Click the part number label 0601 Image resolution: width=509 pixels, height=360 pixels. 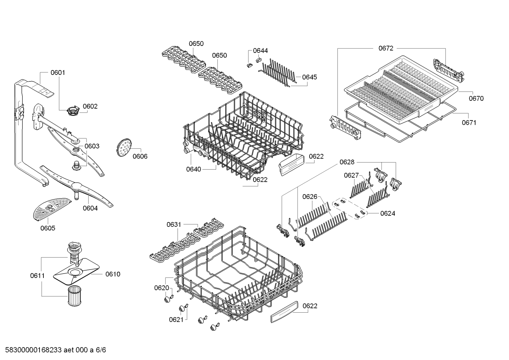[58, 73]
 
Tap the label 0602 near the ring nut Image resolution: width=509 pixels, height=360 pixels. [90, 106]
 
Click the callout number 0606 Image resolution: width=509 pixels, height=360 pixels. [140, 156]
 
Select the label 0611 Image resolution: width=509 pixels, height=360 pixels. [37, 276]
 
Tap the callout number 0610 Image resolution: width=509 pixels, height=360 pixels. [113, 274]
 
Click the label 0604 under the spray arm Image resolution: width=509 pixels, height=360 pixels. [90, 208]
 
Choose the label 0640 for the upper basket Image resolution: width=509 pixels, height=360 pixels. [193, 169]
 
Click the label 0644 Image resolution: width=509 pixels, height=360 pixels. [260, 51]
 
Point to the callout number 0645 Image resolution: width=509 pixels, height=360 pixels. [310, 77]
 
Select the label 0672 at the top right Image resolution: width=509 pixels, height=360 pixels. [385, 48]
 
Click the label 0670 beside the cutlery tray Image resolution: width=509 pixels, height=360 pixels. [476, 99]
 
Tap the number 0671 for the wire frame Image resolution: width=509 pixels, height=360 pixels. [469, 123]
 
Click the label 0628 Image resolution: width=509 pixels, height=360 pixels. [347, 162]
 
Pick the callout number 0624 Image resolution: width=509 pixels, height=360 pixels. [388, 213]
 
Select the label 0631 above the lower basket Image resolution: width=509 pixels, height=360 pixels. [174, 224]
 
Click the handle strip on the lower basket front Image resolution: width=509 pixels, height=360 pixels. [285, 312]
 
